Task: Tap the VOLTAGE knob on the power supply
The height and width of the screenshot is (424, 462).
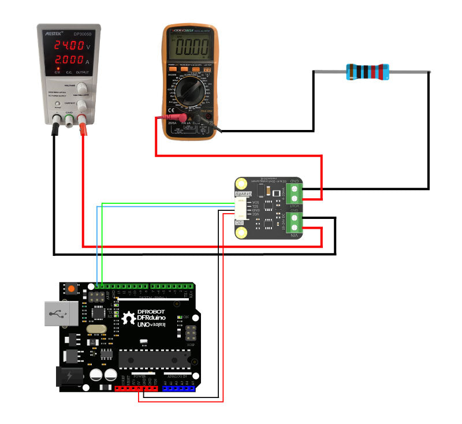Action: click(x=83, y=87)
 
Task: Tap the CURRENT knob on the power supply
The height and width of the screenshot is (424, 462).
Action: click(x=83, y=105)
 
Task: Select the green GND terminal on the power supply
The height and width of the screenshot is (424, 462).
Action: click(x=69, y=120)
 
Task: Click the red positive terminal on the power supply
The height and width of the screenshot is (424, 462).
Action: click(x=83, y=120)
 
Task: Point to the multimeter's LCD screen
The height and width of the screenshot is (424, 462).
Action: click(x=191, y=44)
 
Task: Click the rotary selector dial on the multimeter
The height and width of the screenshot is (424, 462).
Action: click(x=191, y=91)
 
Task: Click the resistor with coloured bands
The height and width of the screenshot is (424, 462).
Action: click(x=367, y=72)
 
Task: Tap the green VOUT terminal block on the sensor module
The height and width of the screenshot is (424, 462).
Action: click(x=294, y=194)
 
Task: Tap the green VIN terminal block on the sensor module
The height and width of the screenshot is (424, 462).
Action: click(x=294, y=222)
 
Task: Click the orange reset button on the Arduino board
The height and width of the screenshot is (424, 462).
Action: click(x=71, y=288)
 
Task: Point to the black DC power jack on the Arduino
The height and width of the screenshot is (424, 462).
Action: click(x=68, y=377)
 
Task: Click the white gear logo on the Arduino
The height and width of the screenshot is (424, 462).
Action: click(x=128, y=317)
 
